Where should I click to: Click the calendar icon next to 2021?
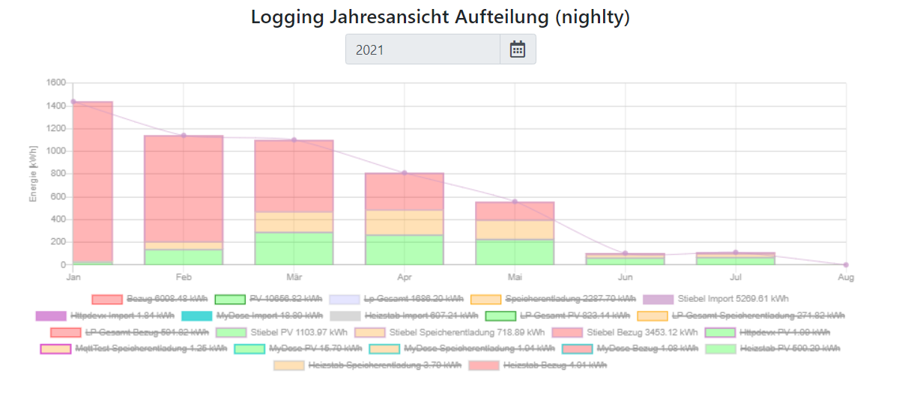click(518, 49)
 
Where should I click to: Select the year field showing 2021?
click(423, 49)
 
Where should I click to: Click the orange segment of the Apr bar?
click(404, 222)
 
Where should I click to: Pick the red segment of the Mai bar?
click(515, 211)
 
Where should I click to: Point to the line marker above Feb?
click(184, 135)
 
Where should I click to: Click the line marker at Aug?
click(846, 264)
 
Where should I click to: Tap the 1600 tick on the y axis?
click(56, 82)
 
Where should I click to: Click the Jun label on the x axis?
click(625, 277)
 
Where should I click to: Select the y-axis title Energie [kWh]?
click(33, 174)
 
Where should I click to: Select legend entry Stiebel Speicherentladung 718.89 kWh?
click(462, 332)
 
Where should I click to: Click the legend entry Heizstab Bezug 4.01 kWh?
click(554, 365)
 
